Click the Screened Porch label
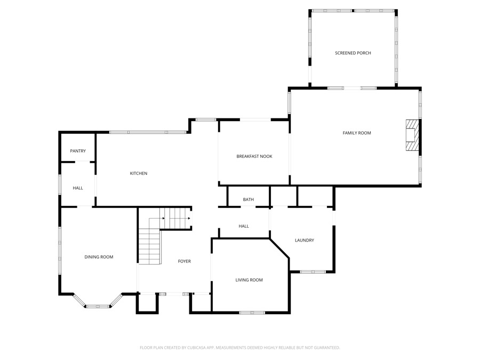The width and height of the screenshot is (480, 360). click(x=353, y=53)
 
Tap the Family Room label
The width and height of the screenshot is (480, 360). click(x=357, y=133)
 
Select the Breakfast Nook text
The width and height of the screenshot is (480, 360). click(x=254, y=156)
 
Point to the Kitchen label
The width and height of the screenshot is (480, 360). click(x=139, y=173)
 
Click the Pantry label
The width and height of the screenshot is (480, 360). click(x=78, y=151)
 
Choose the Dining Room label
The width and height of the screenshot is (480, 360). click(x=99, y=257)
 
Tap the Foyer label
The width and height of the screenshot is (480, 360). click(x=185, y=261)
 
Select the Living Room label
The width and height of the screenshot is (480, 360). click(x=249, y=280)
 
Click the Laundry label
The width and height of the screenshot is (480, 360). click(x=305, y=241)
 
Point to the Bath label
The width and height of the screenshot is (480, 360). click(x=248, y=199)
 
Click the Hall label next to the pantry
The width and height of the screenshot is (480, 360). click(x=78, y=188)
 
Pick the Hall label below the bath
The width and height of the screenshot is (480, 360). click(x=244, y=226)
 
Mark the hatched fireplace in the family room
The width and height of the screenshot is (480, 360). click(x=412, y=135)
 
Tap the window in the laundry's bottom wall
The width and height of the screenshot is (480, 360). click(x=313, y=271)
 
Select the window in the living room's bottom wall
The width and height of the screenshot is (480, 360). click(x=252, y=313)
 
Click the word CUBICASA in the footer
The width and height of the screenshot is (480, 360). click(x=196, y=348)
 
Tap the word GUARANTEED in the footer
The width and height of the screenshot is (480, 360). click(x=327, y=348)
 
